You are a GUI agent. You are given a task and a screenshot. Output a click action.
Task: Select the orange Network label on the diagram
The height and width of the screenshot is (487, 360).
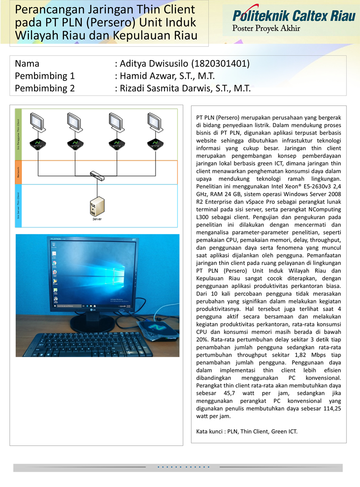18,172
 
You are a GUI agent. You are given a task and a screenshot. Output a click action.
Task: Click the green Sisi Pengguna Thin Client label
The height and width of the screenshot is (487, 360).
18,134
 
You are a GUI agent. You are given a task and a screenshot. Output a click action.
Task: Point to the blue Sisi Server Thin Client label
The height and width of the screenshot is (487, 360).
18,206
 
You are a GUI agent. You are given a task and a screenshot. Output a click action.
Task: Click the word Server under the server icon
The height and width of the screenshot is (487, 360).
97,219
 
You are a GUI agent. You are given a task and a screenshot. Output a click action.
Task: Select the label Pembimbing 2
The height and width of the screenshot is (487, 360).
45,88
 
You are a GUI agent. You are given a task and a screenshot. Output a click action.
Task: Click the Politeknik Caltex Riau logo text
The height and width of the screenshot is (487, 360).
293,16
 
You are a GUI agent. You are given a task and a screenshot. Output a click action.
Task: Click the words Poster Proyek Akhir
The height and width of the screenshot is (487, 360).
266,29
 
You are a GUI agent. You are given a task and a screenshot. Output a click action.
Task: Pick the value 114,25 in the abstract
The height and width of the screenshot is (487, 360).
329,409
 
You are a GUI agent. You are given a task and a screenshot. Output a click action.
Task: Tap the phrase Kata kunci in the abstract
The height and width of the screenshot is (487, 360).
209,432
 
